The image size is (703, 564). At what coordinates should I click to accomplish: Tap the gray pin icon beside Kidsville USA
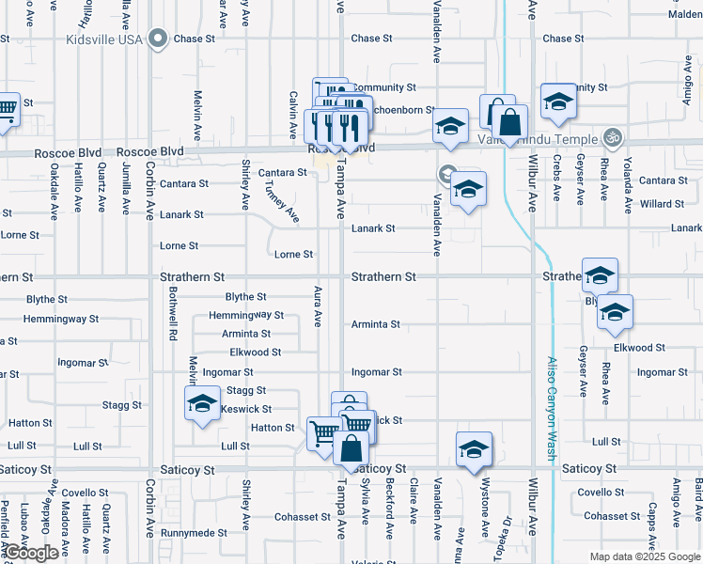pos(158,39)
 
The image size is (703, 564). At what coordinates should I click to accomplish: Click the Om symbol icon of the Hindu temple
pos(613,137)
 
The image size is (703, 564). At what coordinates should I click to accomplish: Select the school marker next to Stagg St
pos(201,406)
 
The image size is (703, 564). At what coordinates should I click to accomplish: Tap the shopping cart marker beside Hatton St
pos(323,434)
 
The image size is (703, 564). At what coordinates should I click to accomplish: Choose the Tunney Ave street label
pos(281,202)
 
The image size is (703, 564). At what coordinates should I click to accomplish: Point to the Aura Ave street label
pos(318,306)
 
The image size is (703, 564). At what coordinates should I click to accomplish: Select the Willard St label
pos(662,203)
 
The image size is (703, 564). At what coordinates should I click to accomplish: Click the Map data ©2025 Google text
pos(645,556)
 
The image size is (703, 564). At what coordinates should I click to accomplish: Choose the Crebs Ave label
pos(557,180)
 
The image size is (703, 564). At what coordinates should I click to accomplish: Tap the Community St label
pos(383,87)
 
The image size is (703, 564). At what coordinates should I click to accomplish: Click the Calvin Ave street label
pos(294,111)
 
